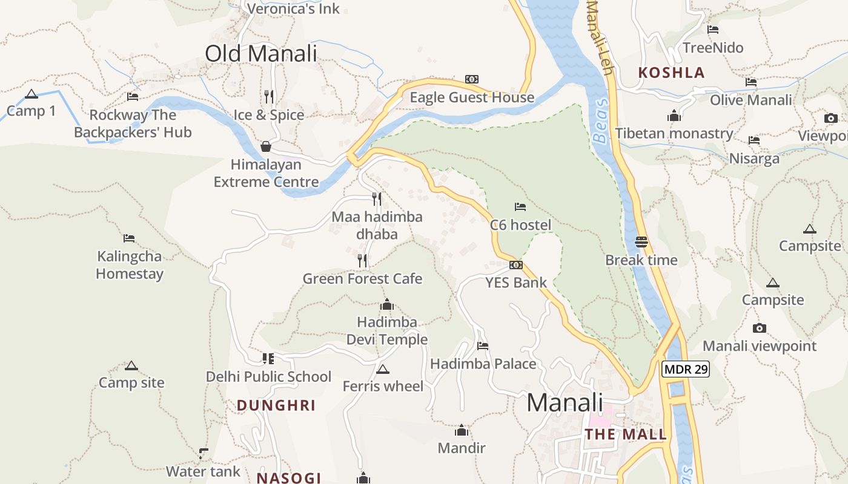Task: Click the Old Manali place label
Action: [x=261, y=53]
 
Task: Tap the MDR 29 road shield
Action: [x=685, y=369]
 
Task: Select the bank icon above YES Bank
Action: [x=515, y=265]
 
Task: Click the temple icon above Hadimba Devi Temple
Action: [x=386, y=304]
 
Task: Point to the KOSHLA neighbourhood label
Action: [x=672, y=73]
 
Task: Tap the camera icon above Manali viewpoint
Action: [x=759, y=329]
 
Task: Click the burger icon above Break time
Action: [x=641, y=242]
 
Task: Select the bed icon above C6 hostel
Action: [x=520, y=207]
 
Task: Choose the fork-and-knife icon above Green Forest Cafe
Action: [x=362, y=261]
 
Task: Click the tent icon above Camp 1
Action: [x=31, y=94]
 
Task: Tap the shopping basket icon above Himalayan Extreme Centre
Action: [x=265, y=146]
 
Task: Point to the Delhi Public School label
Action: [x=268, y=376]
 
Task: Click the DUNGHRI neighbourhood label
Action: [x=276, y=405]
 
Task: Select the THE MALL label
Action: [x=626, y=434]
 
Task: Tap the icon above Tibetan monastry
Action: [x=674, y=116]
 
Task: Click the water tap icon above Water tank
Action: [x=204, y=453]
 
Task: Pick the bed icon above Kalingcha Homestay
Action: [x=128, y=238]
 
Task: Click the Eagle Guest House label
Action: [x=472, y=97]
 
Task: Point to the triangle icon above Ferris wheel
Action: [x=382, y=369]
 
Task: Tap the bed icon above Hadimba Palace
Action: [x=483, y=346]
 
